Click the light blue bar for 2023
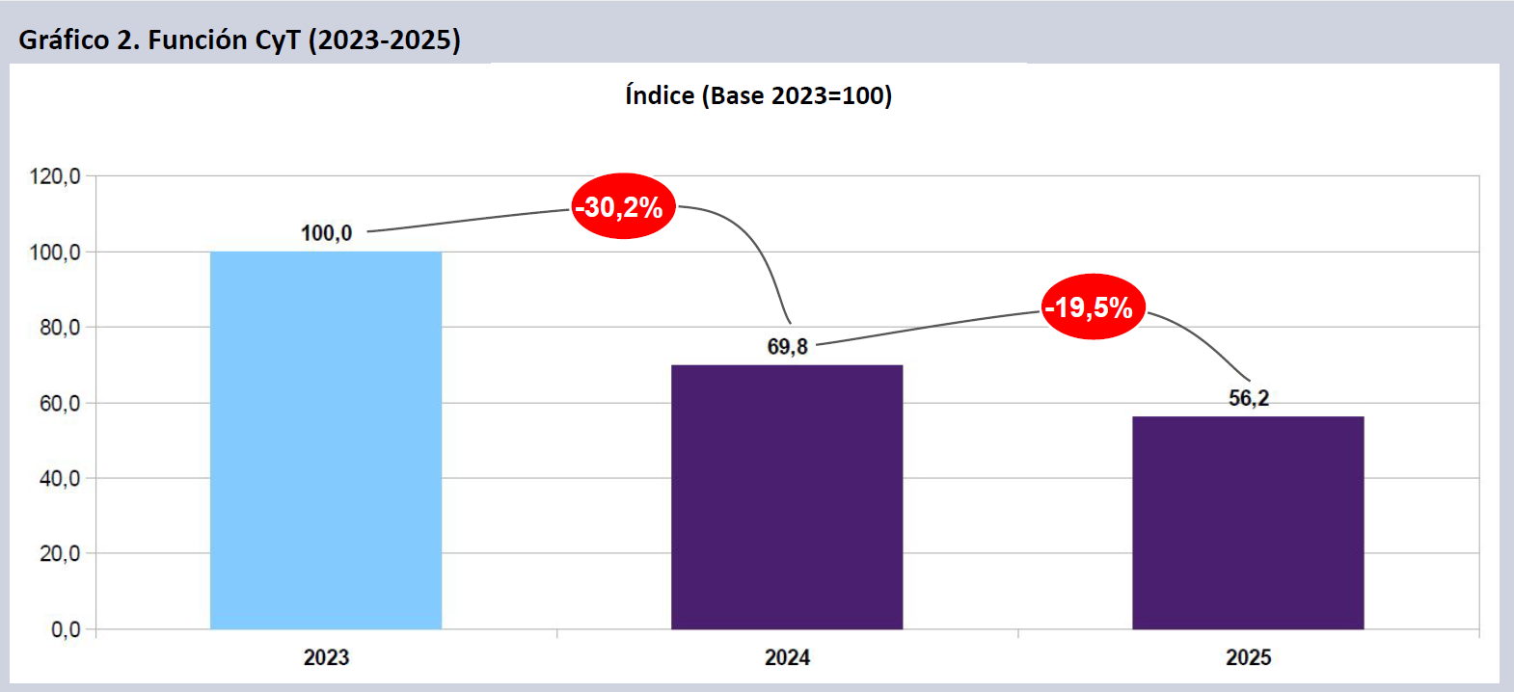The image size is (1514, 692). pyautogui.click(x=326, y=440)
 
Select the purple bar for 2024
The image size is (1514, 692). pyautogui.click(x=787, y=496)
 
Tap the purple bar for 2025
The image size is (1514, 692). pyautogui.click(x=1248, y=522)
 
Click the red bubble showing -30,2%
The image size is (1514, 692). pyautogui.click(x=623, y=206)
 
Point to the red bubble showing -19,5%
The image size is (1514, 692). pyautogui.click(x=1094, y=307)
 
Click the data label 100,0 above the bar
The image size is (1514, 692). pyautogui.click(x=326, y=233)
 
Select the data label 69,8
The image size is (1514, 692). pyautogui.click(x=787, y=347)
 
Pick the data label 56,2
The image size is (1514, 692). pyautogui.click(x=1248, y=398)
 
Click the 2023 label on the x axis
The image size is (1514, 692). pyautogui.click(x=326, y=657)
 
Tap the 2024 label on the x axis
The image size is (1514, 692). pyautogui.click(x=787, y=657)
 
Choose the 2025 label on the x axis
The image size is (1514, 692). pyautogui.click(x=1248, y=657)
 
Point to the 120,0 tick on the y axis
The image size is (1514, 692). pyautogui.click(x=55, y=176)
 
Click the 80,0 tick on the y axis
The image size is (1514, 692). pyautogui.click(x=59, y=328)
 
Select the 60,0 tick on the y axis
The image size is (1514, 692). pyautogui.click(x=59, y=403)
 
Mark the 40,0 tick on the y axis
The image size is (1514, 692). pyautogui.click(x=59, y=478)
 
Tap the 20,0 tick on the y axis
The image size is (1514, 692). pyautogui.click(x=59, y=553)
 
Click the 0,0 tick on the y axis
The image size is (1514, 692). pyautogui.click(x=65, y=629)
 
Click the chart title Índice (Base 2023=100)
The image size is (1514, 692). pyautogui.click(x=758, y=95)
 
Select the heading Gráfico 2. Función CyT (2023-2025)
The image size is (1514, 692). pyautogui.click(x=239, y=40)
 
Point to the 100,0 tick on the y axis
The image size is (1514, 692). pyautogui.click(x=55, y=253)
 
